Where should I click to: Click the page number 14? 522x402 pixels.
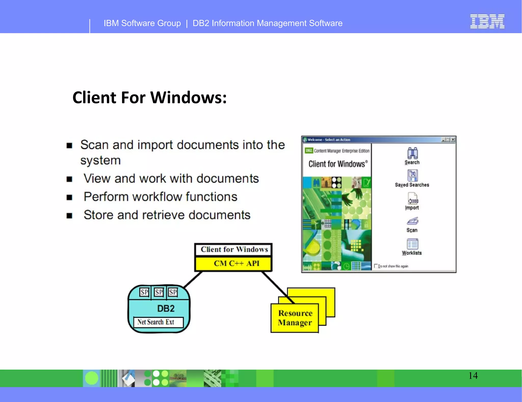click(x=473, y=375)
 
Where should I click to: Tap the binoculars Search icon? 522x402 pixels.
click(x=412, y=153)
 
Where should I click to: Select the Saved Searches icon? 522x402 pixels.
click(x=412, y=175)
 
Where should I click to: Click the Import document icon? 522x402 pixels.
click(x=412, y=198)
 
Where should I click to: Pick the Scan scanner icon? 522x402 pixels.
click(x=412, y=221)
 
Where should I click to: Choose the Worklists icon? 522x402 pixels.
click(x=412, y=244)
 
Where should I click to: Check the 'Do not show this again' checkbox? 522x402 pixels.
click(x=376, y=266)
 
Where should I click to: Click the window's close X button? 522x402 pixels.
click(x=453, y=140)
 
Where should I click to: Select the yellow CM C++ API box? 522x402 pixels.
click(x=233, y=264)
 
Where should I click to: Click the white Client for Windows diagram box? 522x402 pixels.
click(x=233, y=249)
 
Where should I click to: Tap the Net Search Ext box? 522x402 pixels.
click(x=158, y=322)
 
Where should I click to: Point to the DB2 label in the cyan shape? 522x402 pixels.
click(x=166, y=308)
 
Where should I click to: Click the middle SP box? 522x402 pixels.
click(x=159, y=292)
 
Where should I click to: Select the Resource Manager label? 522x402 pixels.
click(x=295, y=318)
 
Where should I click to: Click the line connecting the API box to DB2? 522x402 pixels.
click(x=193, y=280)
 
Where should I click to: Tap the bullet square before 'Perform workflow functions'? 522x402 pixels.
click(x=69, y=197)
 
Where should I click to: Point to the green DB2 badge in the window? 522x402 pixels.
click(x=309, y=150)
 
